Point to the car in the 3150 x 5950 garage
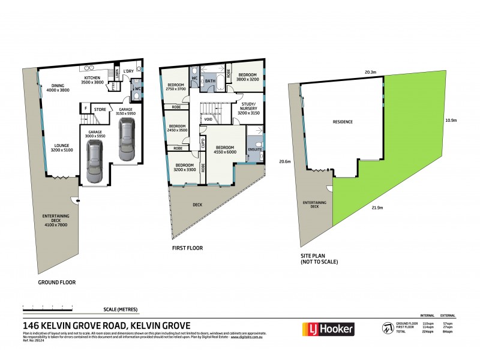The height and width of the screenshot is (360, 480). (127, 140)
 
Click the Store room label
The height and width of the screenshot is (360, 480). (100, 109)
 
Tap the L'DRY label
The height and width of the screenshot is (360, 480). (128, 72)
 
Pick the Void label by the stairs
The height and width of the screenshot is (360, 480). (208, 119)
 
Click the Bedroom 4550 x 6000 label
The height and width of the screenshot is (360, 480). (225, 150)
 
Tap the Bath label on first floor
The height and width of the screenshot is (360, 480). (211, 80)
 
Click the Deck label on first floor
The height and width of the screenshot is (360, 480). (197, 205)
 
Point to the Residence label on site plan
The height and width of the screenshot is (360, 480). (343, 122)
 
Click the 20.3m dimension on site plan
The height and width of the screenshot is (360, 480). (370, 72)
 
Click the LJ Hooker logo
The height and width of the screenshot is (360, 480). (328, 329)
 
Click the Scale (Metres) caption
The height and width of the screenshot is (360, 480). (121, 309)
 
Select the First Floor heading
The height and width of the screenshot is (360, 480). (185, 246)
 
